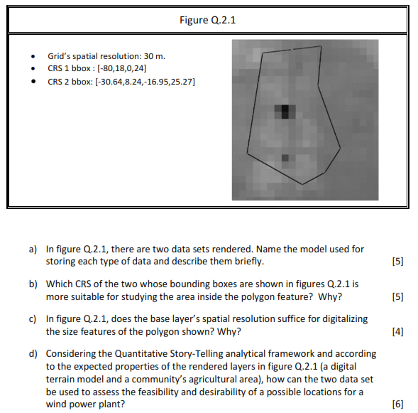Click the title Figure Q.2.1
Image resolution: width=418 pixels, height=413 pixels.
[208, 20]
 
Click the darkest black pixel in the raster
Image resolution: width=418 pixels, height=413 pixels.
[285, 110]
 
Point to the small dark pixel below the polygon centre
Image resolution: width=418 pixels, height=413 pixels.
[285, 158]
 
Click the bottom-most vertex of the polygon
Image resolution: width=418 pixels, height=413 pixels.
[303, 185]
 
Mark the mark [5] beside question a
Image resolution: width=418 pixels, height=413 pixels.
[397, 262]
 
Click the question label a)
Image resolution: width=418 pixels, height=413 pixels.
[33, 250]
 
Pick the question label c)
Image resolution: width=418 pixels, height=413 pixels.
[33, 319]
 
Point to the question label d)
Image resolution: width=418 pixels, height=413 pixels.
[33, 354]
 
